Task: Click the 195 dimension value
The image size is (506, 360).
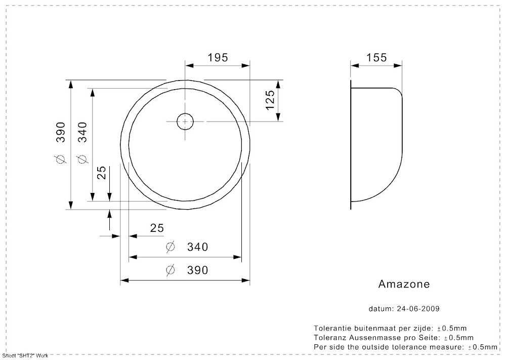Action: click(x=218, y=58)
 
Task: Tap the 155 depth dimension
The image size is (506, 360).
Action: click(x=376, y=58)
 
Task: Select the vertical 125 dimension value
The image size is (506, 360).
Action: click(x=270, y=100)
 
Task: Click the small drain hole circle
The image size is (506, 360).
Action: click(x=185, y=122)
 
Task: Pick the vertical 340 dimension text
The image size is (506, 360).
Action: click(x=82, y=132)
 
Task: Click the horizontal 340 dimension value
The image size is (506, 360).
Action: click(x=197, y=247)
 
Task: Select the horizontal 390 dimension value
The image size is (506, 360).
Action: click(x=197, y=270)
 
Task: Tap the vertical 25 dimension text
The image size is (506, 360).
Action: click(x=101, y=173)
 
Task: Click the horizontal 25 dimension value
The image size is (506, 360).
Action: click(x=157, y=228)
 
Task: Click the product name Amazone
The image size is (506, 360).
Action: click(x=404, y=284)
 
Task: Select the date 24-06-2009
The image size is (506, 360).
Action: click(x=418, y=309)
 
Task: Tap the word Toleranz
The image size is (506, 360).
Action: click(x=327, y=338)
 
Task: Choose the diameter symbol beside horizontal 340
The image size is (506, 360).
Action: click(x=171, y=247)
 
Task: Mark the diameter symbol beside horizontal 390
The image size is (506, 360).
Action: click(x=171, y=270)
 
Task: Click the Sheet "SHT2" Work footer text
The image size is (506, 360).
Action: click(x=25, y=356)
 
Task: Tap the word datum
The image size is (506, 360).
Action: click(x=380, y=309)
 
